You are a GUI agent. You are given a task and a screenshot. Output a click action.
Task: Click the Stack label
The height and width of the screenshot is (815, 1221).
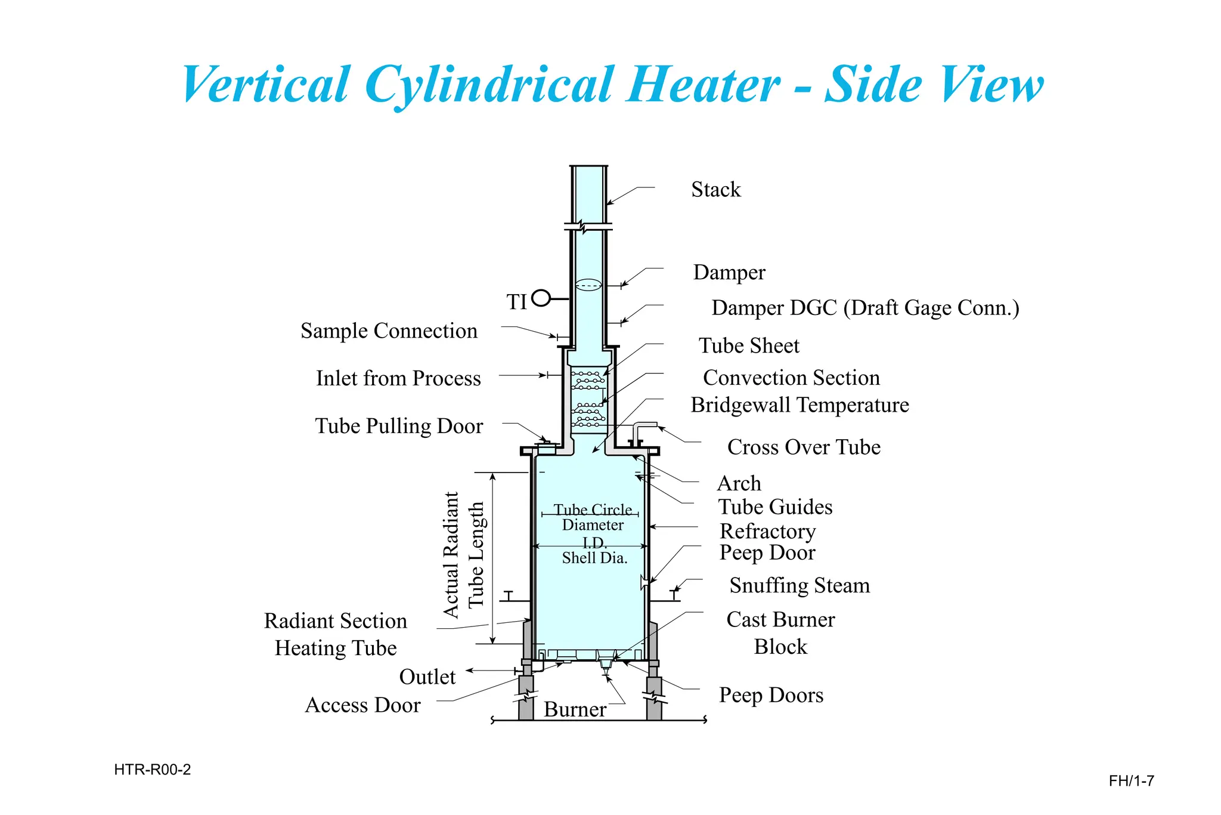point(715,190)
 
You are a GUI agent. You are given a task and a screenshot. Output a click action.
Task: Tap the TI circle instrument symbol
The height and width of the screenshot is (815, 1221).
point(541,297)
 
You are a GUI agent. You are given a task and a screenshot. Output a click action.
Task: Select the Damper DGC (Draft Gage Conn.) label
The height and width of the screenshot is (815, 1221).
point(865,308)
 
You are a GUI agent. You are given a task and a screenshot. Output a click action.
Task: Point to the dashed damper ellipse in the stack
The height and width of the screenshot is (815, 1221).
point(588,285)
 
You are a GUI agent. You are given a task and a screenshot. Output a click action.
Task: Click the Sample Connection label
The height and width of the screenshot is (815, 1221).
point(389,331)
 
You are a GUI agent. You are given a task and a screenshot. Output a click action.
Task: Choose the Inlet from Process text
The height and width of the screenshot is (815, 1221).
point(398,378)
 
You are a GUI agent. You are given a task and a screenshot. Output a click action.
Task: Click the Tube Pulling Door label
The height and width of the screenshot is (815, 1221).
point(399,426)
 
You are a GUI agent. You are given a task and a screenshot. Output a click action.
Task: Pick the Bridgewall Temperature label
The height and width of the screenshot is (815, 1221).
point(799,405)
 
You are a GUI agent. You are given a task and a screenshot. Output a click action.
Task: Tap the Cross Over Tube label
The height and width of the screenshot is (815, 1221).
point(804,447)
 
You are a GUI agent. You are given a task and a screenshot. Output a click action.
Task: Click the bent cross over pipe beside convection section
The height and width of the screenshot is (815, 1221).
point(643,428)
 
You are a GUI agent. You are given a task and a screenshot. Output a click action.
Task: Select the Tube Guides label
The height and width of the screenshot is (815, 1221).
point(775,507)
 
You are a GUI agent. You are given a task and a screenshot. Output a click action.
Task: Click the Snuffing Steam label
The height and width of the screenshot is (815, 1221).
point(799,585)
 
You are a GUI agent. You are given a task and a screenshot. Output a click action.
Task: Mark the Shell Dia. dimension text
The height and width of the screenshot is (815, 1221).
point(594,558)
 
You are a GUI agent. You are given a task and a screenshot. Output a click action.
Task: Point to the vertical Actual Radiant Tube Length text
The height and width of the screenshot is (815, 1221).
point(463,555)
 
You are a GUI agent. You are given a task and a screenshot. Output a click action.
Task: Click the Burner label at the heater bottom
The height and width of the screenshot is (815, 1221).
point(575,709)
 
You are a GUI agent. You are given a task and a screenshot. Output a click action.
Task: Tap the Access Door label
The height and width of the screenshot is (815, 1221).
point(362,705)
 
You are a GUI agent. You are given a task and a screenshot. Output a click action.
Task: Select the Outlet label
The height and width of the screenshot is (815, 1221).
point(427,677)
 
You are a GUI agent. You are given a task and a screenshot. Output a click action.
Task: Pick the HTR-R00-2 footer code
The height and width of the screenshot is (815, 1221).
point(153,770)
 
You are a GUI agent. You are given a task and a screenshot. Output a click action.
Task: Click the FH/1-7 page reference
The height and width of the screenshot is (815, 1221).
point(1131,781)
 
